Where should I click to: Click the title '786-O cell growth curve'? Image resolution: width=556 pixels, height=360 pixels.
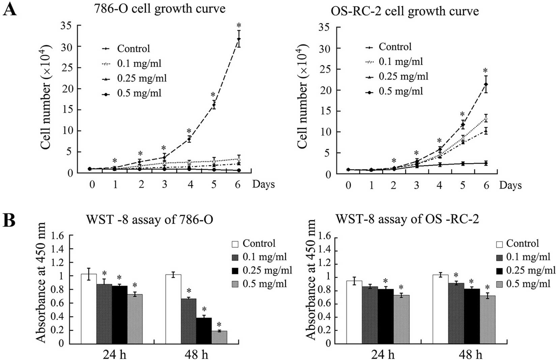coord(159,9)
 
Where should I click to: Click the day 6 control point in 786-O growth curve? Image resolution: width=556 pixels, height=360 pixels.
coord(239,39)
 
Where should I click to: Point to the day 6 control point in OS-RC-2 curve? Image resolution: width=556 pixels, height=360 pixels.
coord(486,84)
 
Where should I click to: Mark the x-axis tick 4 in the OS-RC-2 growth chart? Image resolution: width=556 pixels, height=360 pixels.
coord(440,185)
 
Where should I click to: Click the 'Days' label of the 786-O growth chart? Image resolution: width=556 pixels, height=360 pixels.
coord(263,185)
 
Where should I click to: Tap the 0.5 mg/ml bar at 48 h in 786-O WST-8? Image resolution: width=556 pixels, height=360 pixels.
coord(219,337)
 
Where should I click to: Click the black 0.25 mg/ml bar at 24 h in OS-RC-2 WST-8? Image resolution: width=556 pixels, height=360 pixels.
coord(386,316)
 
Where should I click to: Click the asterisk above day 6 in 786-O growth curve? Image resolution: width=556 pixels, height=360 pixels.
coord(239,25)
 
